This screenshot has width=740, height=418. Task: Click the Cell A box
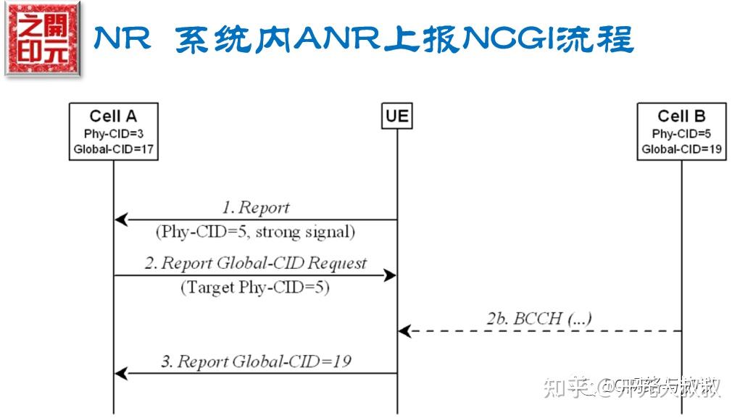[113, 132]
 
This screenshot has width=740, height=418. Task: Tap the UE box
[396, 116]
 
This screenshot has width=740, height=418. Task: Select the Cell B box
[681, 132]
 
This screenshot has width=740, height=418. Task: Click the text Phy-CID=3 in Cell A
[113, 134]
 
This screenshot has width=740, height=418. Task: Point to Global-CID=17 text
[113, 150]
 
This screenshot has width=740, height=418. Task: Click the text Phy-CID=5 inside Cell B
[681, 134]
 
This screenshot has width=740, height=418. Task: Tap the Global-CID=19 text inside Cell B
[681, 150]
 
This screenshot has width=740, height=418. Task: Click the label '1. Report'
[255, 208]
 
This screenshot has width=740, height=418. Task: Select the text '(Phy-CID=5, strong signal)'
[255, 232]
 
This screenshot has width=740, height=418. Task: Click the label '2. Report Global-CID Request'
[255, 263]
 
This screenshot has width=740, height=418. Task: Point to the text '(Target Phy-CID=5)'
[255, 287]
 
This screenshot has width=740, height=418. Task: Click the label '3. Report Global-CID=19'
[255, 361]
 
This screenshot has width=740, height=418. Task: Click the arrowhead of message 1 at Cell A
[121, 220]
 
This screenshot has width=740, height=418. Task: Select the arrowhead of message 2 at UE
[389, 275]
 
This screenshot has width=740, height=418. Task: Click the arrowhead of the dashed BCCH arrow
[404, 331]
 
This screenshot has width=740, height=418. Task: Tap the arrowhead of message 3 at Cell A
[121, 374]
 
